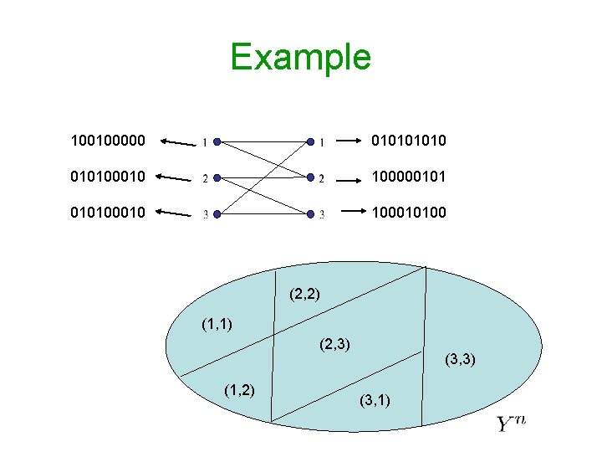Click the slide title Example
click(300, 58)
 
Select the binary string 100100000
click(107, 141)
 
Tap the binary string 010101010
click(409, 141)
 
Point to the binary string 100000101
click(409, 177)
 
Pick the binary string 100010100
click(409, 213)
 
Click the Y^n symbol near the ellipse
click(511, 423)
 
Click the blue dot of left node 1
click(217, 142)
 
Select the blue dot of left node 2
click(217, 177)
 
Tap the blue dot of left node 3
click(217, 213)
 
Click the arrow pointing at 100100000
click(177, 142)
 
